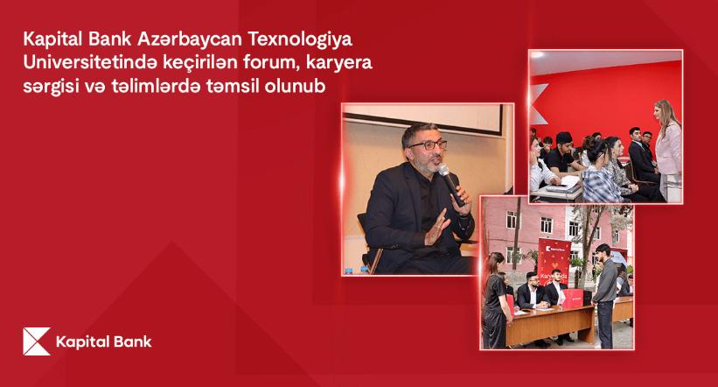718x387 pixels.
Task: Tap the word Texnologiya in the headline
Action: click(x=300, y=40)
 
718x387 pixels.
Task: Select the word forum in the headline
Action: click(x=272, y=62)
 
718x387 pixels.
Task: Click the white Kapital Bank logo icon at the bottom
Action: click(x=37, y=341)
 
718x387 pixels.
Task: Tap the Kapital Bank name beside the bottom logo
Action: click(x=103, y=342)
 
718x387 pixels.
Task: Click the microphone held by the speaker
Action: click(x=450, y=185)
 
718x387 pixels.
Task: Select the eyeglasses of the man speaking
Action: click(x=429, y=145)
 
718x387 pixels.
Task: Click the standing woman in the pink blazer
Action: click(x=667, y=149)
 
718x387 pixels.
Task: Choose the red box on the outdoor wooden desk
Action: click(x=572, y=299)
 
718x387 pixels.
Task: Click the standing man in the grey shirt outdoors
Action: click(x=604, y=295)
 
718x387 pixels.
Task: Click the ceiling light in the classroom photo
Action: click(x=537, y=54)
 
